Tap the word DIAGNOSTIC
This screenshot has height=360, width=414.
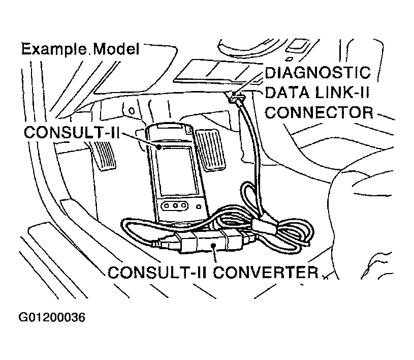[x=319, y=73]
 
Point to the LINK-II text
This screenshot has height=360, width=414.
[x=344, y=92]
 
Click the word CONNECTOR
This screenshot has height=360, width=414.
[x=320, y=111]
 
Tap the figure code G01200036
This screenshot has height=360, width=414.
[x=52, y=318]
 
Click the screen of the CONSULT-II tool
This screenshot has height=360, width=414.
[x=174, y=170]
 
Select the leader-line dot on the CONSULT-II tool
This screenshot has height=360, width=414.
[x=160, y=147]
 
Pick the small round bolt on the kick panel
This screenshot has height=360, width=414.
[x=132, y=110]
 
